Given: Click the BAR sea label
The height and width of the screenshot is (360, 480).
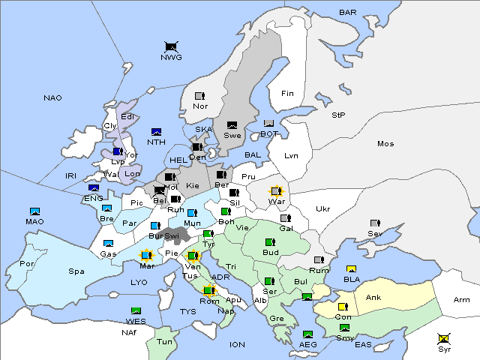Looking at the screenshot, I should click(x=347, y=12).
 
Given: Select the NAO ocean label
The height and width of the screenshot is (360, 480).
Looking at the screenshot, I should click(x=52, y=98).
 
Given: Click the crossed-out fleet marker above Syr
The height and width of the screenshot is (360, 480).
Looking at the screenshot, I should click(x=445, y=339).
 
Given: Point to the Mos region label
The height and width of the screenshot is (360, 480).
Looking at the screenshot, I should click(x=385, y=143).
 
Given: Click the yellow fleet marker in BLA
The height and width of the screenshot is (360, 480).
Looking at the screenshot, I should click(x=351, y=269).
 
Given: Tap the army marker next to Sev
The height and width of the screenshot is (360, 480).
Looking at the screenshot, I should click(x=375, y=223).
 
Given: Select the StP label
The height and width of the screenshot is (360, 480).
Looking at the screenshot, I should click(x=338, y=115).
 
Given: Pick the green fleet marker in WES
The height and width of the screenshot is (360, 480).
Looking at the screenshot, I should click(x=136, y=310).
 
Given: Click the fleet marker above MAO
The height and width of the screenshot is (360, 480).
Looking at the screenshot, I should click(x=34, y=211).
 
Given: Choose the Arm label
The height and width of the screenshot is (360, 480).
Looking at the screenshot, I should click(x=462, y=300).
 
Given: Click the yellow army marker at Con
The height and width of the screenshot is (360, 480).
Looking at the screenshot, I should click(x=343, y=306).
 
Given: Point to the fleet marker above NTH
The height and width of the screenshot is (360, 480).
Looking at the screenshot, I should click(x=157, y=132).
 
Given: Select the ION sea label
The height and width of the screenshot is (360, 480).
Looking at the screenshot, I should click(x=237, y=344).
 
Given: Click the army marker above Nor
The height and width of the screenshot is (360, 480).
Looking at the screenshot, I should click(x=199, y=96).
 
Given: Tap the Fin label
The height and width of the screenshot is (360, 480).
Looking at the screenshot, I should click(x=287, y=94).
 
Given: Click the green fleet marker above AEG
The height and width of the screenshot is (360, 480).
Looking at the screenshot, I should click(x=307, y=334).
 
